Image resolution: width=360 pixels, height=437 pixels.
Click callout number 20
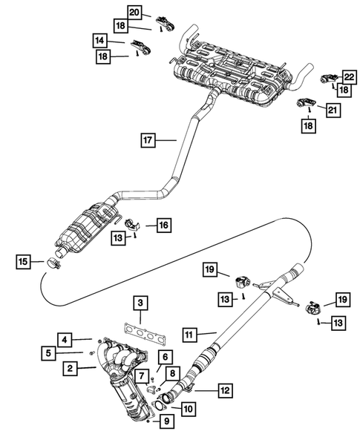[x=134, y=12]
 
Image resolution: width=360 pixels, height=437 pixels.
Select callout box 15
[x=24, y=260]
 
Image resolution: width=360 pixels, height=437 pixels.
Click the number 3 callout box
[x=139, y=303]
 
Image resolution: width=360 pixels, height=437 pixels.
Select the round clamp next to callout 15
[x=54, y=261]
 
